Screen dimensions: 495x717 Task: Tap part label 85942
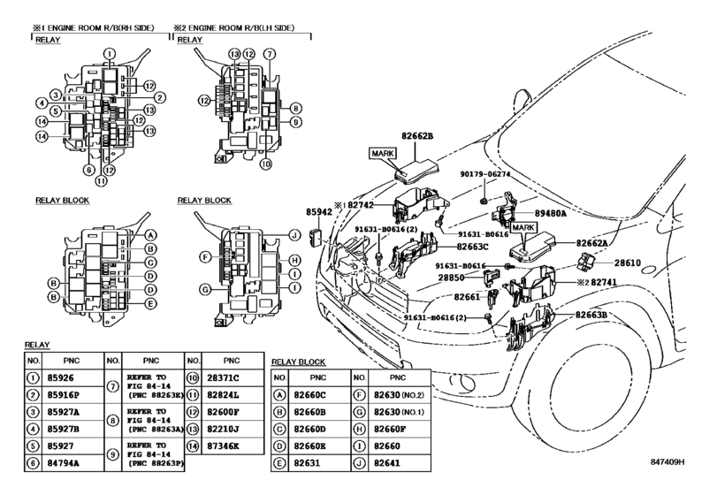coord(319,213)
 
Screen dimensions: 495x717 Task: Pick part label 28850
coord(453,277)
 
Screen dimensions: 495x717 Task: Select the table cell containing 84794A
coord(65,461)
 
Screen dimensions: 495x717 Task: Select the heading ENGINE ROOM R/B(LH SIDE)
coord(247,27)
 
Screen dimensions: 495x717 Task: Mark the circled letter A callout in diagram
coord(151,234)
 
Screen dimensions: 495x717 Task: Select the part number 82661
coord(467,298)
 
